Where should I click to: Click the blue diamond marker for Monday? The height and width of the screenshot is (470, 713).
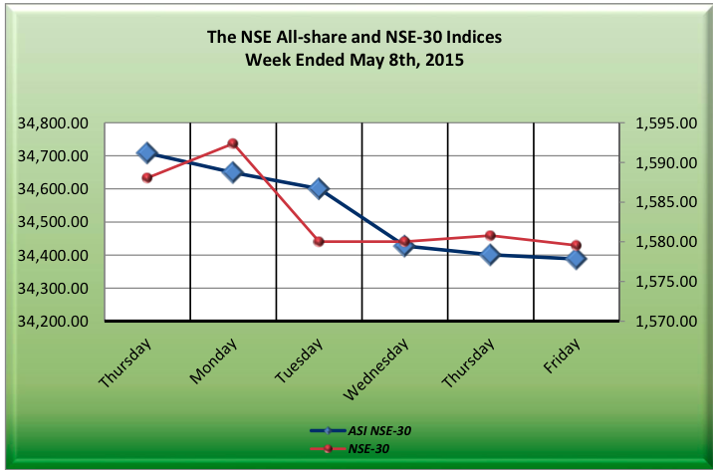coord(233,171)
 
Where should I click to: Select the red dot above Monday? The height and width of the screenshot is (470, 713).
coord(233,143)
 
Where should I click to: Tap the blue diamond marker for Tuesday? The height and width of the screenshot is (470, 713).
coord(319,188)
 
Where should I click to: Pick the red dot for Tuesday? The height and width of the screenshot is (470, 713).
coord(319,241)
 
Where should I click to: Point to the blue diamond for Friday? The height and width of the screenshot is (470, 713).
coord(576,259)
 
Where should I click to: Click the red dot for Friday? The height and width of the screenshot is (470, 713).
coord(576,245)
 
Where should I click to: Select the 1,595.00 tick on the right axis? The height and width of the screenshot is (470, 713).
coord(664,123)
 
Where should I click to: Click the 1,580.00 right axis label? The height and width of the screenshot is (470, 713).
coord(664,242)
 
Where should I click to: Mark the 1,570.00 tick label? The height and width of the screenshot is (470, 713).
coord(664,322)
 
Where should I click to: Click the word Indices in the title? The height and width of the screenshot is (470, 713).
coord(467,38)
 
